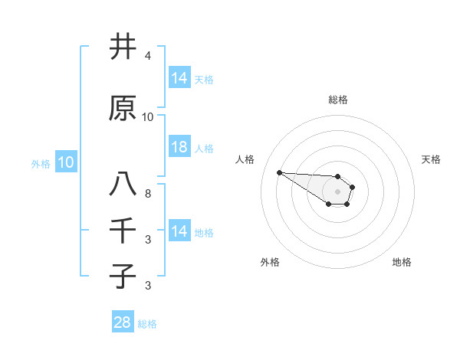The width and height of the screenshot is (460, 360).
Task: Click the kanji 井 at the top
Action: [122, 47]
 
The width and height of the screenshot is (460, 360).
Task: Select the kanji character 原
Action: [122, 110]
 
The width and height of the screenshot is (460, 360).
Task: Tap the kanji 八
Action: [122, 185]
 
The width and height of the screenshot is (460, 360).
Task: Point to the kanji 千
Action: [122, 231]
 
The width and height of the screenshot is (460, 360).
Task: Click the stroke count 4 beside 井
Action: [147, 57]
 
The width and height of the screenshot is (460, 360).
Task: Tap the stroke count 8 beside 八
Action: [147, 194]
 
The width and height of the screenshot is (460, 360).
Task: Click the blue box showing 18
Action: [179, 148]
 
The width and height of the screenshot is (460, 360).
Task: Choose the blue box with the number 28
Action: [123, 323]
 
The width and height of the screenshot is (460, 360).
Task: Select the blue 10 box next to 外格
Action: [66, 162]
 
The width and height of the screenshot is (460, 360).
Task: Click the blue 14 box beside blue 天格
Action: [179, 78]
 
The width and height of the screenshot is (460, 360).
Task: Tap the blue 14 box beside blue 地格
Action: [179, 231]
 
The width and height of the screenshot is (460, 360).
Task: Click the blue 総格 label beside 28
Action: [147, 324]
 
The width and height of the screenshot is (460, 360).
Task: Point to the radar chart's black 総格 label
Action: [338, 100]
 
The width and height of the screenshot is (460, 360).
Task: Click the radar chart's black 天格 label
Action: [432, 159]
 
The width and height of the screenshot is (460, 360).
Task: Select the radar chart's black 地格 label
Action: [402, 263]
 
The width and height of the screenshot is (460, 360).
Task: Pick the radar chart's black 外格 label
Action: [270, 263]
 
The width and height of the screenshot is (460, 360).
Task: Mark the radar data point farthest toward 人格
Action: [279, 172]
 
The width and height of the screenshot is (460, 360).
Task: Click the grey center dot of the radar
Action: [338, 191]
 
